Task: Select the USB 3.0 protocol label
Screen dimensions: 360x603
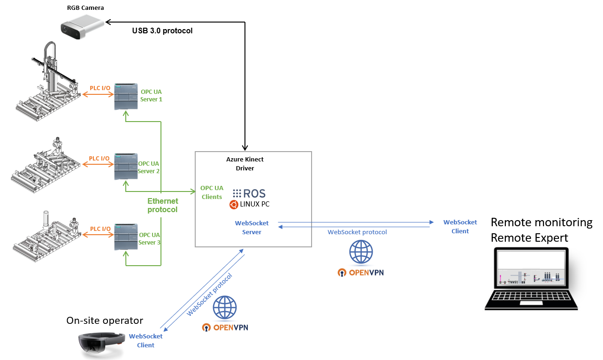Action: [162, 31]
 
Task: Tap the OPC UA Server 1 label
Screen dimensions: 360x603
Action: [151, 95]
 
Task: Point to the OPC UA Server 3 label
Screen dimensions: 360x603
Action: [150, 238]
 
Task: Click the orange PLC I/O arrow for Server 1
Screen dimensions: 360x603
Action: [99, 95]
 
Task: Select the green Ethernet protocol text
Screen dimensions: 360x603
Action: [162, 205]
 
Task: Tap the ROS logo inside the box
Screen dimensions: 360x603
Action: [249, 193]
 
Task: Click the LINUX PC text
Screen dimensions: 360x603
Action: [254, 204]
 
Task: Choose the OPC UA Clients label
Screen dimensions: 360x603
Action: [212, 192]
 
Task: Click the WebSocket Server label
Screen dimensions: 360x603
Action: [252, 228]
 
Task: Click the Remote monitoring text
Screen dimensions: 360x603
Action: [541, 222]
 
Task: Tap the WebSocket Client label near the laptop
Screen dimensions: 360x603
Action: [460, 226]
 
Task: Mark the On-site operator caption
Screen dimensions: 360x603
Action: [105, 321]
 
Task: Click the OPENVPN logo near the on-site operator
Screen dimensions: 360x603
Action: [225, 327]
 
